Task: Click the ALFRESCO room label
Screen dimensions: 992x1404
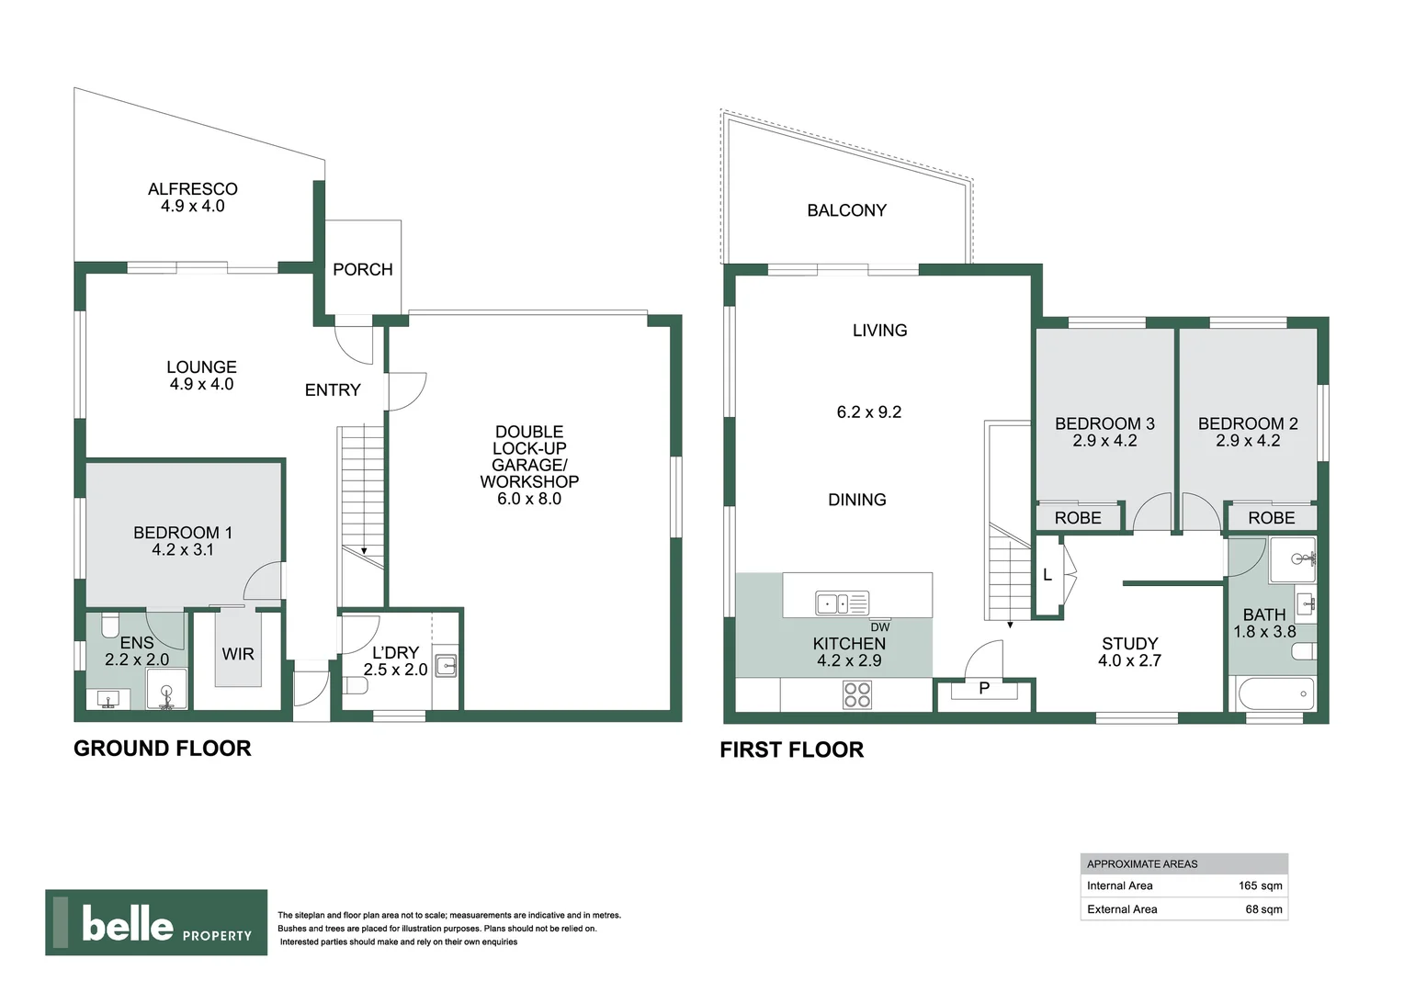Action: coord(192,189)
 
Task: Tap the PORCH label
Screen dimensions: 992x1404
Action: coord(362,269)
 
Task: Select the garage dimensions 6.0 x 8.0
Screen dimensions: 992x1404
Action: coord(529,499)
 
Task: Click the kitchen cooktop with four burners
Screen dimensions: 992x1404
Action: coord(856,694)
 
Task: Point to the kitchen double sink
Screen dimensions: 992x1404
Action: coord(842,603)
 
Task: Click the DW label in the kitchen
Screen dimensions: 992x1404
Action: coord(879,627)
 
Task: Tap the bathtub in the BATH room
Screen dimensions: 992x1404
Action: coord(1275,693)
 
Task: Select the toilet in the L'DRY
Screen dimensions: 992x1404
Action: coord(356,685)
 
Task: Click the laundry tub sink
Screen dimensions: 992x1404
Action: coord(446,666)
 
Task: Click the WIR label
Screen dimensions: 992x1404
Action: coord(238,654)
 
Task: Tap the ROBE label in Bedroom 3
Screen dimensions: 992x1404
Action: coord(1078,518)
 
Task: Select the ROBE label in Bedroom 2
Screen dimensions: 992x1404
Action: coord(1271,518)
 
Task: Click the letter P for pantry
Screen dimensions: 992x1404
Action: coord(983,688)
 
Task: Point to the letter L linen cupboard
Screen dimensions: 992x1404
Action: coord(1047,576)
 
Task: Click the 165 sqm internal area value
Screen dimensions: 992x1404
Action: coord(1260,885)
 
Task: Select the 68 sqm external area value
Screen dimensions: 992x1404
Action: coord(1263,909)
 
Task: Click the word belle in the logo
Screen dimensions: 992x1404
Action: coord(127,923)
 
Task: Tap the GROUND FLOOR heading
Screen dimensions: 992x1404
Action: coord(163,749)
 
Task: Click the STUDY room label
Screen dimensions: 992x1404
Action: coord(1129,644)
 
